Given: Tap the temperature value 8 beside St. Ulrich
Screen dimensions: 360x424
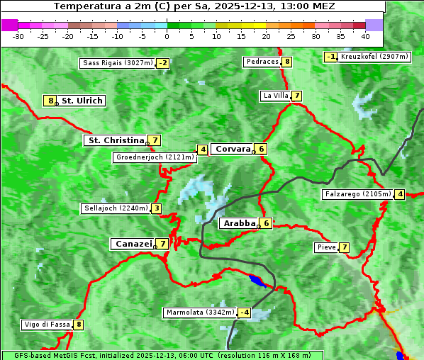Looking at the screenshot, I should [50, 101].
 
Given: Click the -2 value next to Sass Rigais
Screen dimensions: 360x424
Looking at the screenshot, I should [163, 63].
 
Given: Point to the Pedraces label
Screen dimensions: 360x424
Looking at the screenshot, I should [262, 62].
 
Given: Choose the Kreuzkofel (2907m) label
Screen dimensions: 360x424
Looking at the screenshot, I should [374, 57].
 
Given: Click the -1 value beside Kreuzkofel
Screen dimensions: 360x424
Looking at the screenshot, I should [330, 57].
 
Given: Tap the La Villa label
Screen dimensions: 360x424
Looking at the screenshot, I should [275, 96].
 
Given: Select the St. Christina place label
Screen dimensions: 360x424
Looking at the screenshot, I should [115, 140].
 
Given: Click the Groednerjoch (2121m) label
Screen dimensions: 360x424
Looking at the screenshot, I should [155, 157].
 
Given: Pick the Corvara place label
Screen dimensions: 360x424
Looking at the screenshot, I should [233, 149].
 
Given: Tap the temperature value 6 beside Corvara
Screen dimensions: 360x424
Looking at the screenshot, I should [261, 149].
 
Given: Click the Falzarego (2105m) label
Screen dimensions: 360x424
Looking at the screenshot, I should [357, 194].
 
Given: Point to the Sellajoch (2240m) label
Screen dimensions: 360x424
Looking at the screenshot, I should [116, 208].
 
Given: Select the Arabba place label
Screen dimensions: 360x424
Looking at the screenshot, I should [239, 223].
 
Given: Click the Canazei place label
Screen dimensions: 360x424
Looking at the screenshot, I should [133, 244].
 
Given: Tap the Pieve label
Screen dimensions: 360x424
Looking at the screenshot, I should [326, 247].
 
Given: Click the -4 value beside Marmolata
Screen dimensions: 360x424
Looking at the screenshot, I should [245, 313].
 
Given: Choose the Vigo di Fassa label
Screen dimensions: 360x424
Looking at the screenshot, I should [47, 325].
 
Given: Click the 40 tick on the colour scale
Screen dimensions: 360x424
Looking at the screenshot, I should [365, 35].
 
